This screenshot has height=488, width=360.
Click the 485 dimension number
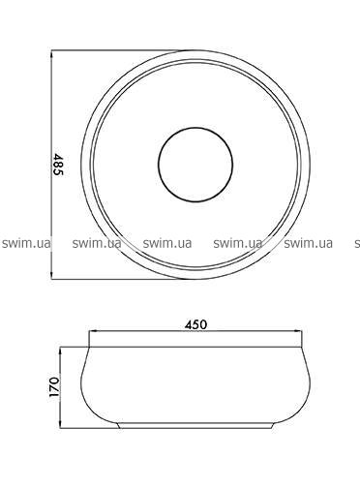click(x=58, y=165)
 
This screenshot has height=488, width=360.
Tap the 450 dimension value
click(x=195, y=324)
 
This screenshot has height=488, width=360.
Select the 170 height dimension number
click(x=54, y=386)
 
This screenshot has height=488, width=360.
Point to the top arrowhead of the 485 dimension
click(x=52, y=55)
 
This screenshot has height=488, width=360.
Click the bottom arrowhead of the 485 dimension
click(x=52, y=274)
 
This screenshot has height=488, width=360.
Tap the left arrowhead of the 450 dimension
click(x=94, y=331)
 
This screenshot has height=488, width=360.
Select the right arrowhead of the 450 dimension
click(x=297, y=331)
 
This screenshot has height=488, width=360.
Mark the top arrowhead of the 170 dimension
click(x=60, y=351)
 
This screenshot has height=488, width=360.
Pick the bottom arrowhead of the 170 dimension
click(x=60, y=423)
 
